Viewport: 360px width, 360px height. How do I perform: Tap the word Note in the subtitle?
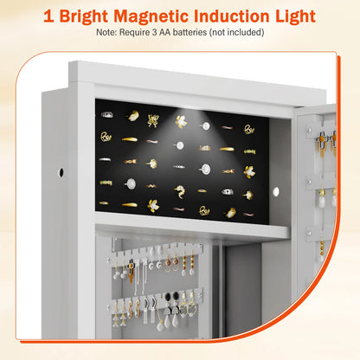coord(109,33)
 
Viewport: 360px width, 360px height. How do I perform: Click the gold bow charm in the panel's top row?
coord(154,119)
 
